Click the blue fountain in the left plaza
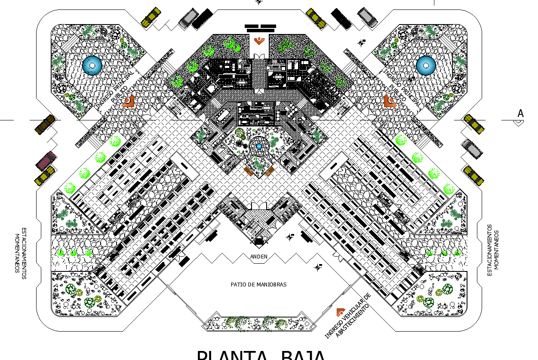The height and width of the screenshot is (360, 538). coord(92,65)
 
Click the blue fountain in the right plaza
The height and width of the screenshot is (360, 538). coord(426,65)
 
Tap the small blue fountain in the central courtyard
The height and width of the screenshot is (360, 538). coord(259,147)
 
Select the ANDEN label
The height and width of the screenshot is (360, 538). coord(259,257)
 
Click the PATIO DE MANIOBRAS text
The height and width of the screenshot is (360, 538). coord(258,284)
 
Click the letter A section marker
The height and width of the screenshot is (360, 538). coord(520,114)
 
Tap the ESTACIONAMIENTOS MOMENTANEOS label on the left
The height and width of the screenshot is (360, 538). coord(20,253)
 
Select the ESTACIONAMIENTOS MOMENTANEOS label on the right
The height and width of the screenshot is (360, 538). coord(493,250)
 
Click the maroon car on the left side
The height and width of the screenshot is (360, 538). coord(46,160)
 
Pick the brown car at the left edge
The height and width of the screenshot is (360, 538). coord(45,124)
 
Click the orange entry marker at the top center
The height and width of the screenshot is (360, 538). coord(259,41)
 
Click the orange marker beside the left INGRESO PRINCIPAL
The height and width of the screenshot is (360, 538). coord(128,102)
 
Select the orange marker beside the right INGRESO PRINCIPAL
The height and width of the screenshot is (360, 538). coord(389,102)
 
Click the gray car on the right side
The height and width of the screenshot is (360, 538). coord(472,148)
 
